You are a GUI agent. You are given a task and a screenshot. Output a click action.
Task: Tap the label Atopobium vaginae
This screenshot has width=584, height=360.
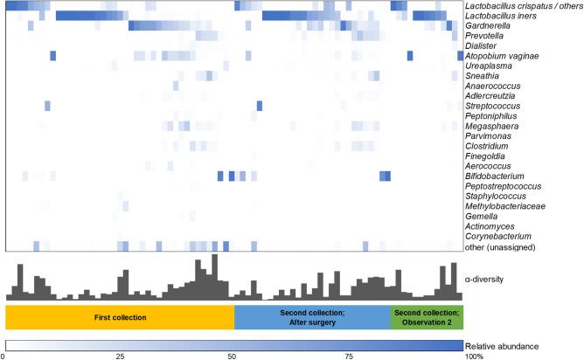click(501, 56)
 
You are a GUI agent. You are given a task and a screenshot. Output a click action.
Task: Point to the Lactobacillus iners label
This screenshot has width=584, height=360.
click(502, 16)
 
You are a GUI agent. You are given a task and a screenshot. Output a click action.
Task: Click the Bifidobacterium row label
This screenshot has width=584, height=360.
click(492, 176)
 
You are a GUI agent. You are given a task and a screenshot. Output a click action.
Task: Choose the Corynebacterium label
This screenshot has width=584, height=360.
click(495, 236)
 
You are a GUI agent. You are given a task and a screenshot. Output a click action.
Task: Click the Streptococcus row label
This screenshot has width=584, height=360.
click(491, 106)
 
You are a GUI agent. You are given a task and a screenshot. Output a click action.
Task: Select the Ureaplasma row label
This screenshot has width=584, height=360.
click(486, 66)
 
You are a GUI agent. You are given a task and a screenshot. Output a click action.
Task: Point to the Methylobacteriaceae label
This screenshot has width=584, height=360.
click(500, 206)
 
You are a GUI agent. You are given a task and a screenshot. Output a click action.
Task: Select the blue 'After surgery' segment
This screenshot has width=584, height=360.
click(312, 316)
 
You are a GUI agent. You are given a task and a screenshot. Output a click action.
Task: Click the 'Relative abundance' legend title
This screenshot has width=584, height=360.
click(507, 346)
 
